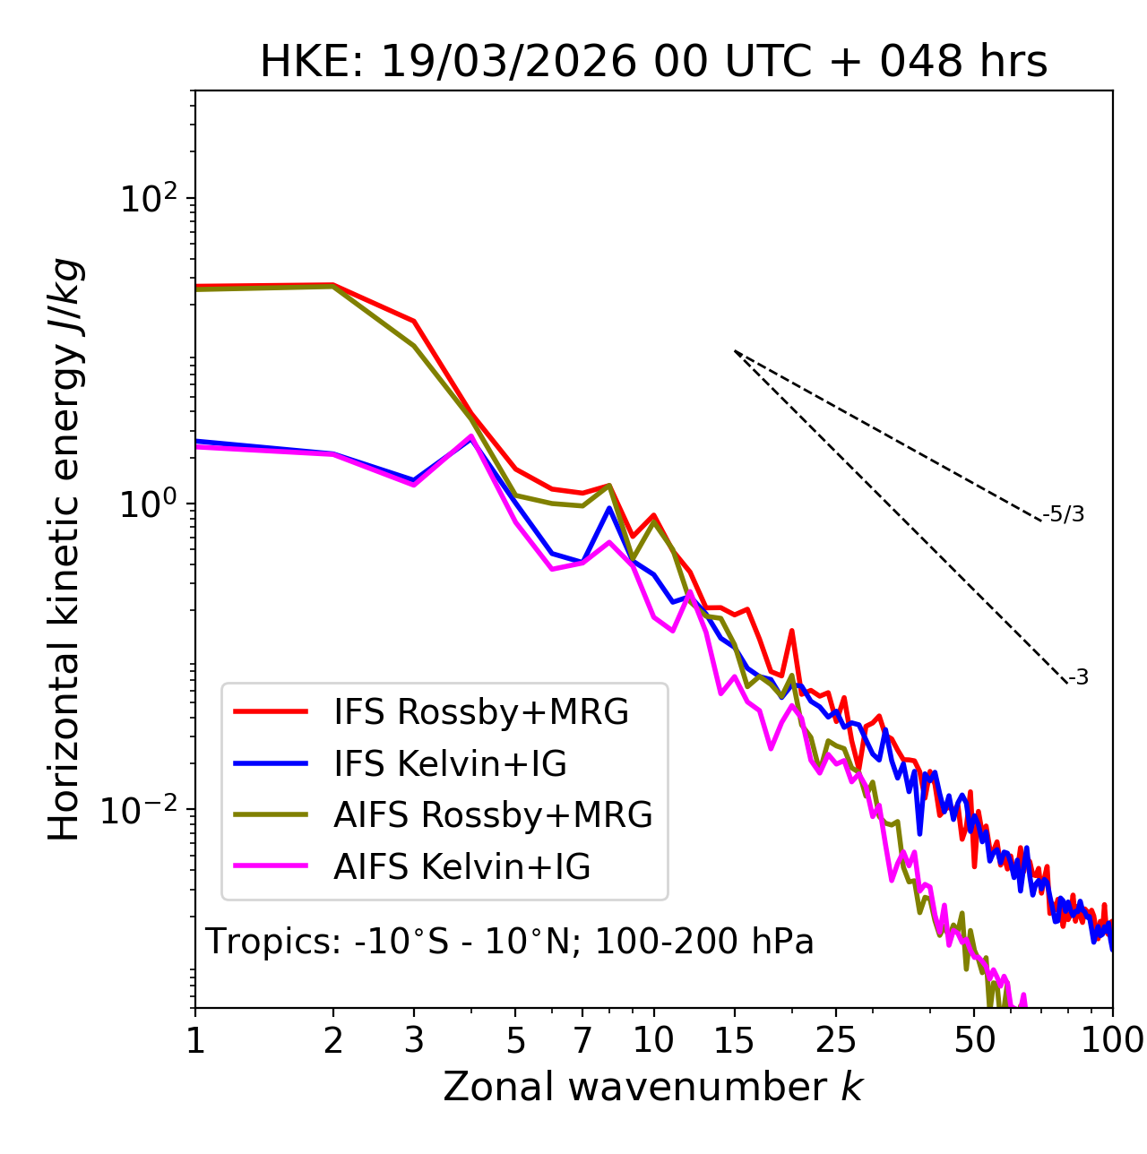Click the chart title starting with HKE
coord(653,63)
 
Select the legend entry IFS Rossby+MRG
coord(481,712)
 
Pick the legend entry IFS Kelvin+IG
coord(450,764)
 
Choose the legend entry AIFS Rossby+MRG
coord(493,815)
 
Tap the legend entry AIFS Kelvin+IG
coord(461,867)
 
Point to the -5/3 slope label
coord(1064,515)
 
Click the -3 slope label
coord(1078,678)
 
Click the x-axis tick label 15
coord(734,1040)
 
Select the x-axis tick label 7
coord(582,1040)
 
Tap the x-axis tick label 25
coord(836,1040)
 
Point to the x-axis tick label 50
coord(974,1040)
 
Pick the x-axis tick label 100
coord(1112,1040)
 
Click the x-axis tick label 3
coord(413,1040)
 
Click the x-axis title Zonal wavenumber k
coord(653,1087)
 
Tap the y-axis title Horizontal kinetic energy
coord(65,550)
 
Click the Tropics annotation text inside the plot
coord(510,943)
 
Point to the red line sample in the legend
coord(271,712)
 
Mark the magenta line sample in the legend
coord(271,867)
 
